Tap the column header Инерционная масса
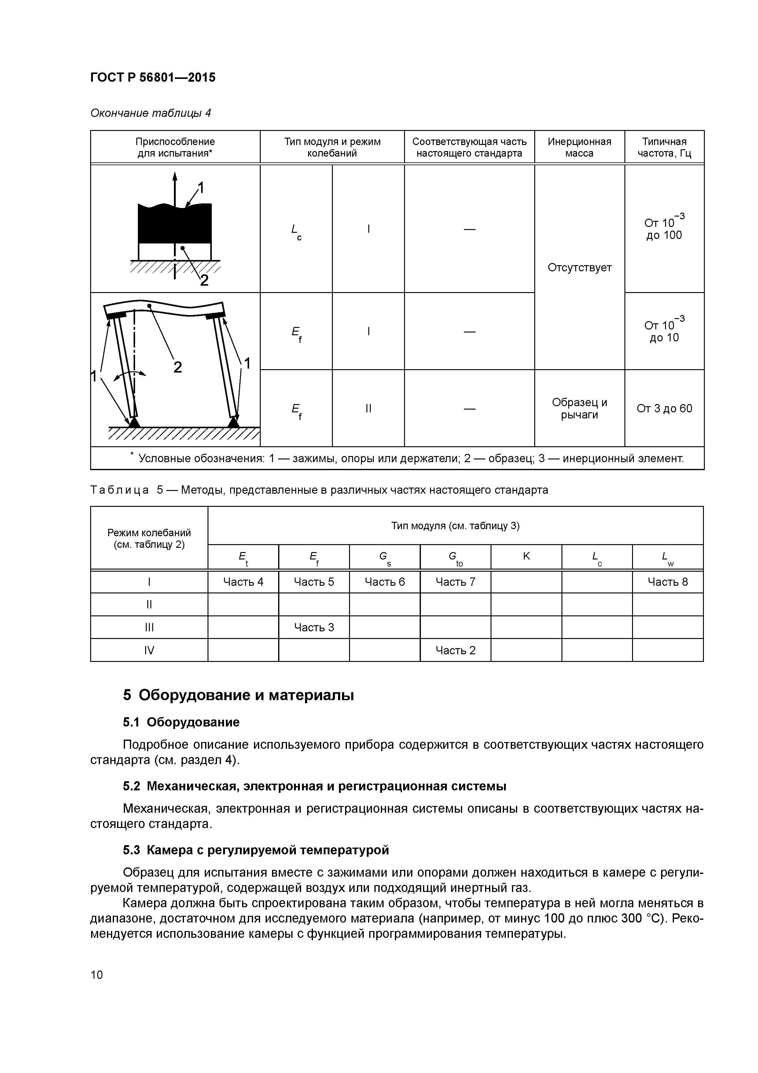579,147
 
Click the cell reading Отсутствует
579,268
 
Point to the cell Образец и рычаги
579,408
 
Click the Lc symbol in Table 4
296,231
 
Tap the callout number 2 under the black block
204,281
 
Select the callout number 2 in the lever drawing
178,367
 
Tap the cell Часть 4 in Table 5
243,582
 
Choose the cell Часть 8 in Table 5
668,582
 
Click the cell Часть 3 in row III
314,627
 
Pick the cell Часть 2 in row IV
455,650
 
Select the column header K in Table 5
526,556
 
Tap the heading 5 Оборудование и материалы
238,695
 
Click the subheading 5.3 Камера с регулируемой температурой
256,850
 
